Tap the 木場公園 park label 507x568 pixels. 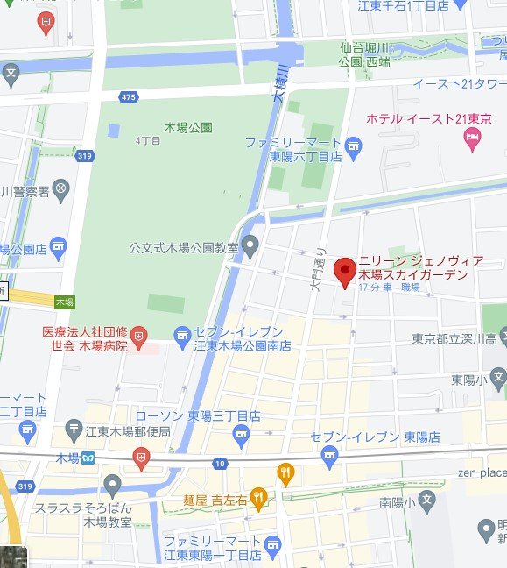[x=187, y=127]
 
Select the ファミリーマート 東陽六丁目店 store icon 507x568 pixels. [x=353, y=144]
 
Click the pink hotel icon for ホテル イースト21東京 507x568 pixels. [x=473, y=136]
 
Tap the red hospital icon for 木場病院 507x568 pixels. [x=139, y=335]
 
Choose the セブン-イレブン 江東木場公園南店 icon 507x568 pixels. [x=183, y=334]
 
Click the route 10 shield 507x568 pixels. [x=218, y=463]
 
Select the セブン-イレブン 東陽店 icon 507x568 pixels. [x=329, y=453]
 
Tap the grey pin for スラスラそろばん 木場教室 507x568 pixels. [x=112, y=486]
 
